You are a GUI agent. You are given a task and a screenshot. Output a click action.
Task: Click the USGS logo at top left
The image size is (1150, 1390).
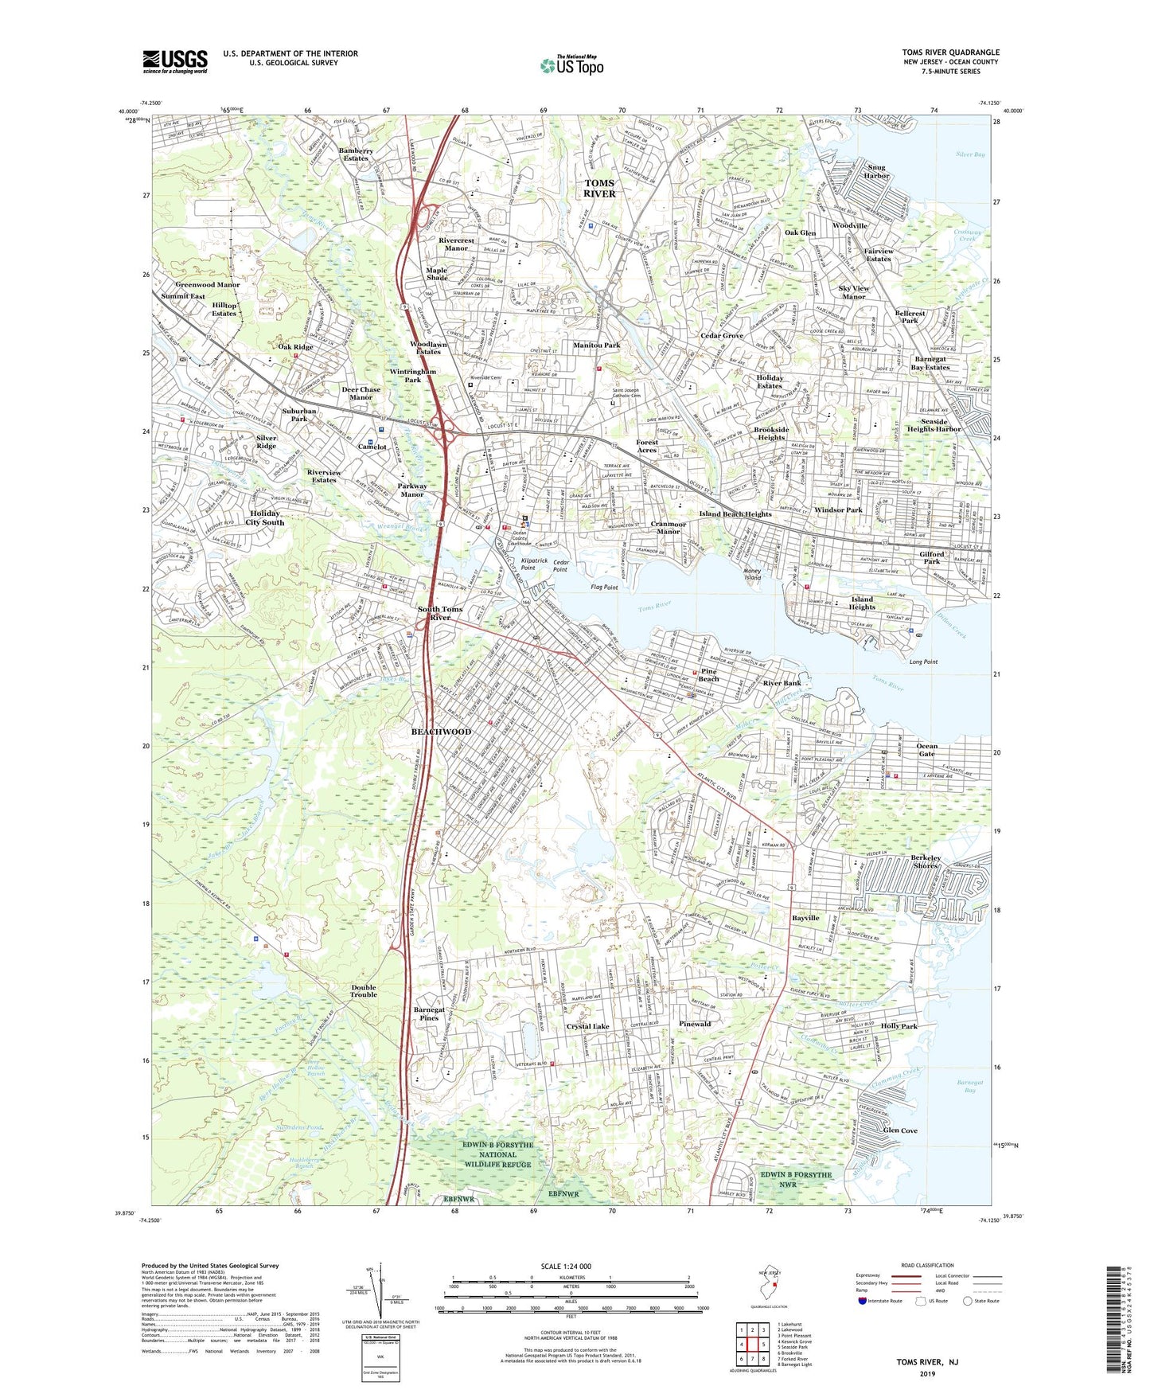click(175, 61)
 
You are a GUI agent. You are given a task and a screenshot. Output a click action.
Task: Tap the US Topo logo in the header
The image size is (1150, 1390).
click(571, 65)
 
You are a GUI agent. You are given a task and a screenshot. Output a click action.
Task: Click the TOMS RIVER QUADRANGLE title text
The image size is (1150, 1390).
click(950, 53)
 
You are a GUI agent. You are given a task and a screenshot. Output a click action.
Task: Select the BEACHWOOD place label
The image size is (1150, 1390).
click(441, 732)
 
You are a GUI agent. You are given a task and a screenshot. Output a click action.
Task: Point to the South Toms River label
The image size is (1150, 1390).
click(440, 613)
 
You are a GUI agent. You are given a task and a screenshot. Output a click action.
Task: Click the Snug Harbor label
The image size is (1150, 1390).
click(876, 172)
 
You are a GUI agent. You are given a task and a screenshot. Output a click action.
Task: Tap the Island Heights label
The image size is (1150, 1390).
click(862, 603)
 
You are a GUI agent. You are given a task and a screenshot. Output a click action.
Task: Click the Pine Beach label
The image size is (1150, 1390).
click(708, 675)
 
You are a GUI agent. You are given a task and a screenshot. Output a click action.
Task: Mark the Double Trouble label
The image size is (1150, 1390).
click(364, 991)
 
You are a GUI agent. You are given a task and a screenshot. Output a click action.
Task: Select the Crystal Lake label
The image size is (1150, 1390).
click(587, 1026)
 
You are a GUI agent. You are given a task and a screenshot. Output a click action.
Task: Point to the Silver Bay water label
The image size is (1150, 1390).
click(970, 154)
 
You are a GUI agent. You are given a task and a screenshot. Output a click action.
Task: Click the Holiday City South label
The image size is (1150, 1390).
click(264, 518)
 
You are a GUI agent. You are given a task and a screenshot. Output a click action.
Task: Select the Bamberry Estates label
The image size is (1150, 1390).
click(355, 154)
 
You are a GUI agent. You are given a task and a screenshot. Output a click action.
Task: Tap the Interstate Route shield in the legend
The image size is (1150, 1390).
click(863, 1301)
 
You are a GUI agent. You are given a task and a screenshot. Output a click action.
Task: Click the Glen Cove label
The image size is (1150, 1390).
click(900, 1130)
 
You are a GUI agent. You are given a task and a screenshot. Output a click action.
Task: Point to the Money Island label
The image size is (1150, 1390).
click(753, 574)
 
